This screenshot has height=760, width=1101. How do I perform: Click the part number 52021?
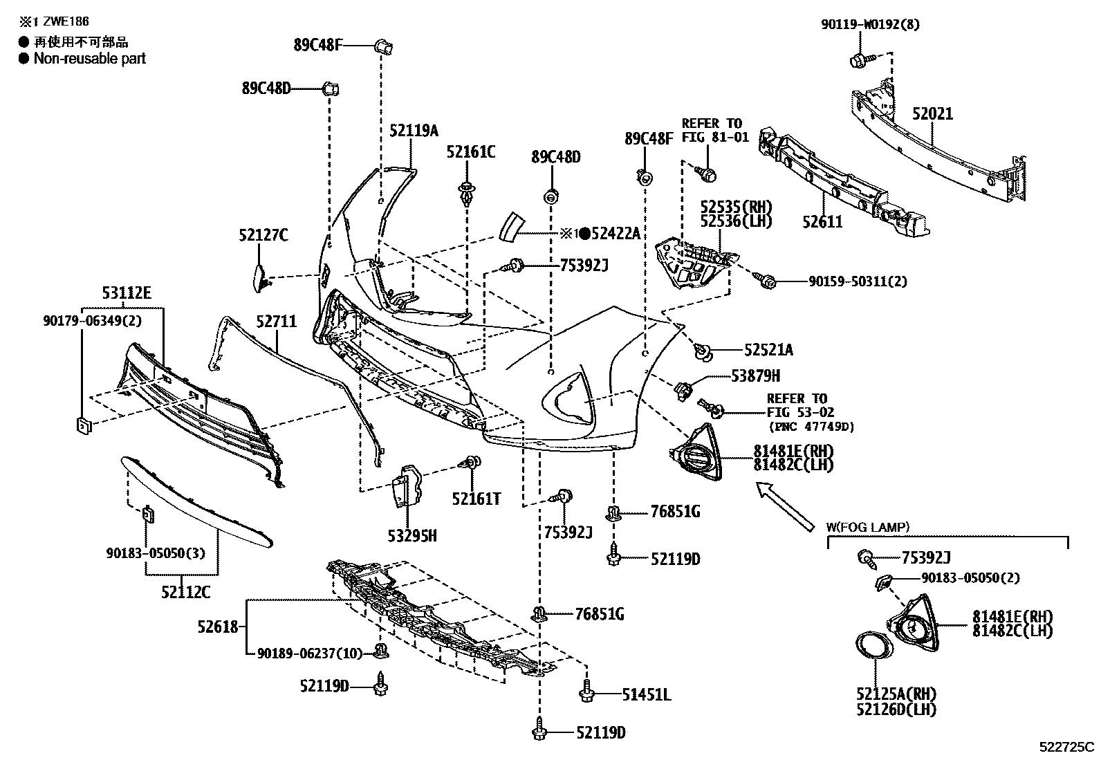[x=932, y=113]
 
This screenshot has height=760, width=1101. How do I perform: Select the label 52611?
[x=823, y=222]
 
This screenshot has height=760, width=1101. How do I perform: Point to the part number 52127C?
[x=263, y=236]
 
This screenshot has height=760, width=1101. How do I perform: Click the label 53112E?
[x=127, y=293]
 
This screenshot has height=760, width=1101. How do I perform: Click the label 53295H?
[x=412, y=535]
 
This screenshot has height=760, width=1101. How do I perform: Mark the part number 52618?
[x=217, y=627]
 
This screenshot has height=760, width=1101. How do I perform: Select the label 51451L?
[x=646, y=694]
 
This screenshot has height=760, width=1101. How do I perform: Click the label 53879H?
[x=756, y=376]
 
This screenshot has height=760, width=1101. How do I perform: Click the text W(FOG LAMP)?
[x=868, y=527]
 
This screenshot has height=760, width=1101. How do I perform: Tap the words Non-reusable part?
[x=90, y=59]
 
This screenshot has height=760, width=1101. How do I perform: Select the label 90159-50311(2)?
[x=858, y=281]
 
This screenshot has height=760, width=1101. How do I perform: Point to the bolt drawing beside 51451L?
[x=588, y=691]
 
